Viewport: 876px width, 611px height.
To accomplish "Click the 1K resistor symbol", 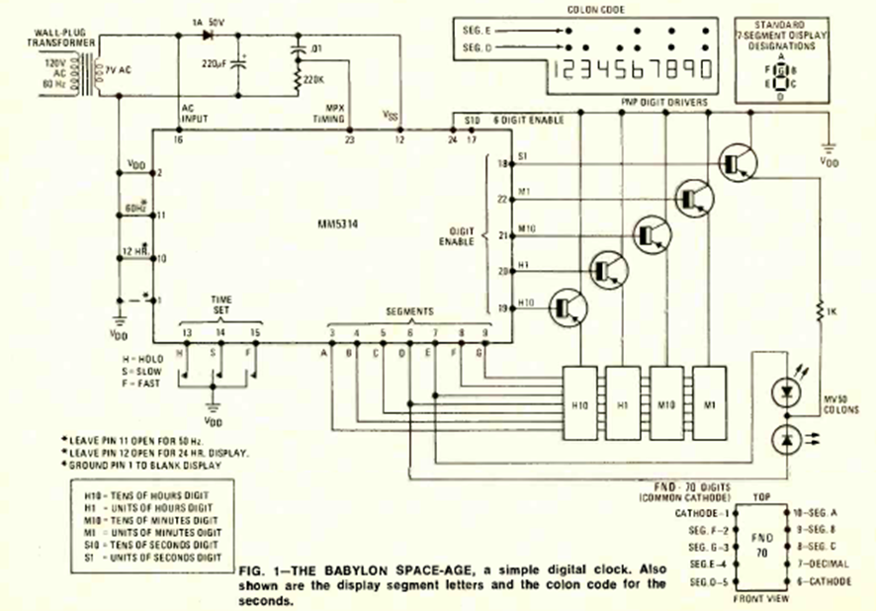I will [819, 311].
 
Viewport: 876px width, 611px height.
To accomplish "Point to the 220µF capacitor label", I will [215, 63].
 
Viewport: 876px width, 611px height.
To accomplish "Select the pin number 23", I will [349, 140].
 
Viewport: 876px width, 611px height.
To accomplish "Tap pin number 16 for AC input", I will [179, 140].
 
